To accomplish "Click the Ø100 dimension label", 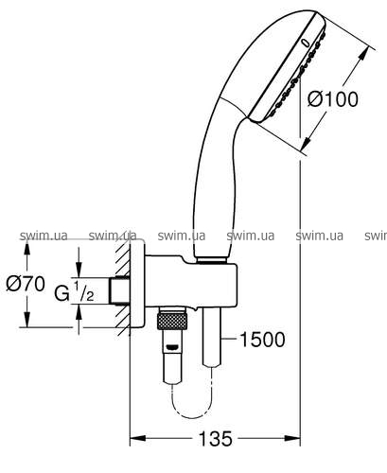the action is pyautogui.click(x=333, y=98).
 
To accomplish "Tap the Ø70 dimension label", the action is pyautogui.click(x=26, y=284).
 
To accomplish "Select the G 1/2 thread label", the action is pyautogui.click(x=75, y=292).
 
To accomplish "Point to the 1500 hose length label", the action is pyautogui.click(x=262, y=340).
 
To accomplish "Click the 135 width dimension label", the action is pyautogui.click(x=216, y=439).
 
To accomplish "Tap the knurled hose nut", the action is pyautogui.click(x=172, y=320).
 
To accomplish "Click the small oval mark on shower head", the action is pyautogui.click(x=305, y=44).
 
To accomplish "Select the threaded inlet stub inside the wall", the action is pyautogui.click(x=119, y=290).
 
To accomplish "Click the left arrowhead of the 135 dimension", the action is pyautogui.click(x=138, y=438).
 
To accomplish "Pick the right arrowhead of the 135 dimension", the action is pyautogui.click(x=292, y=438).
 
